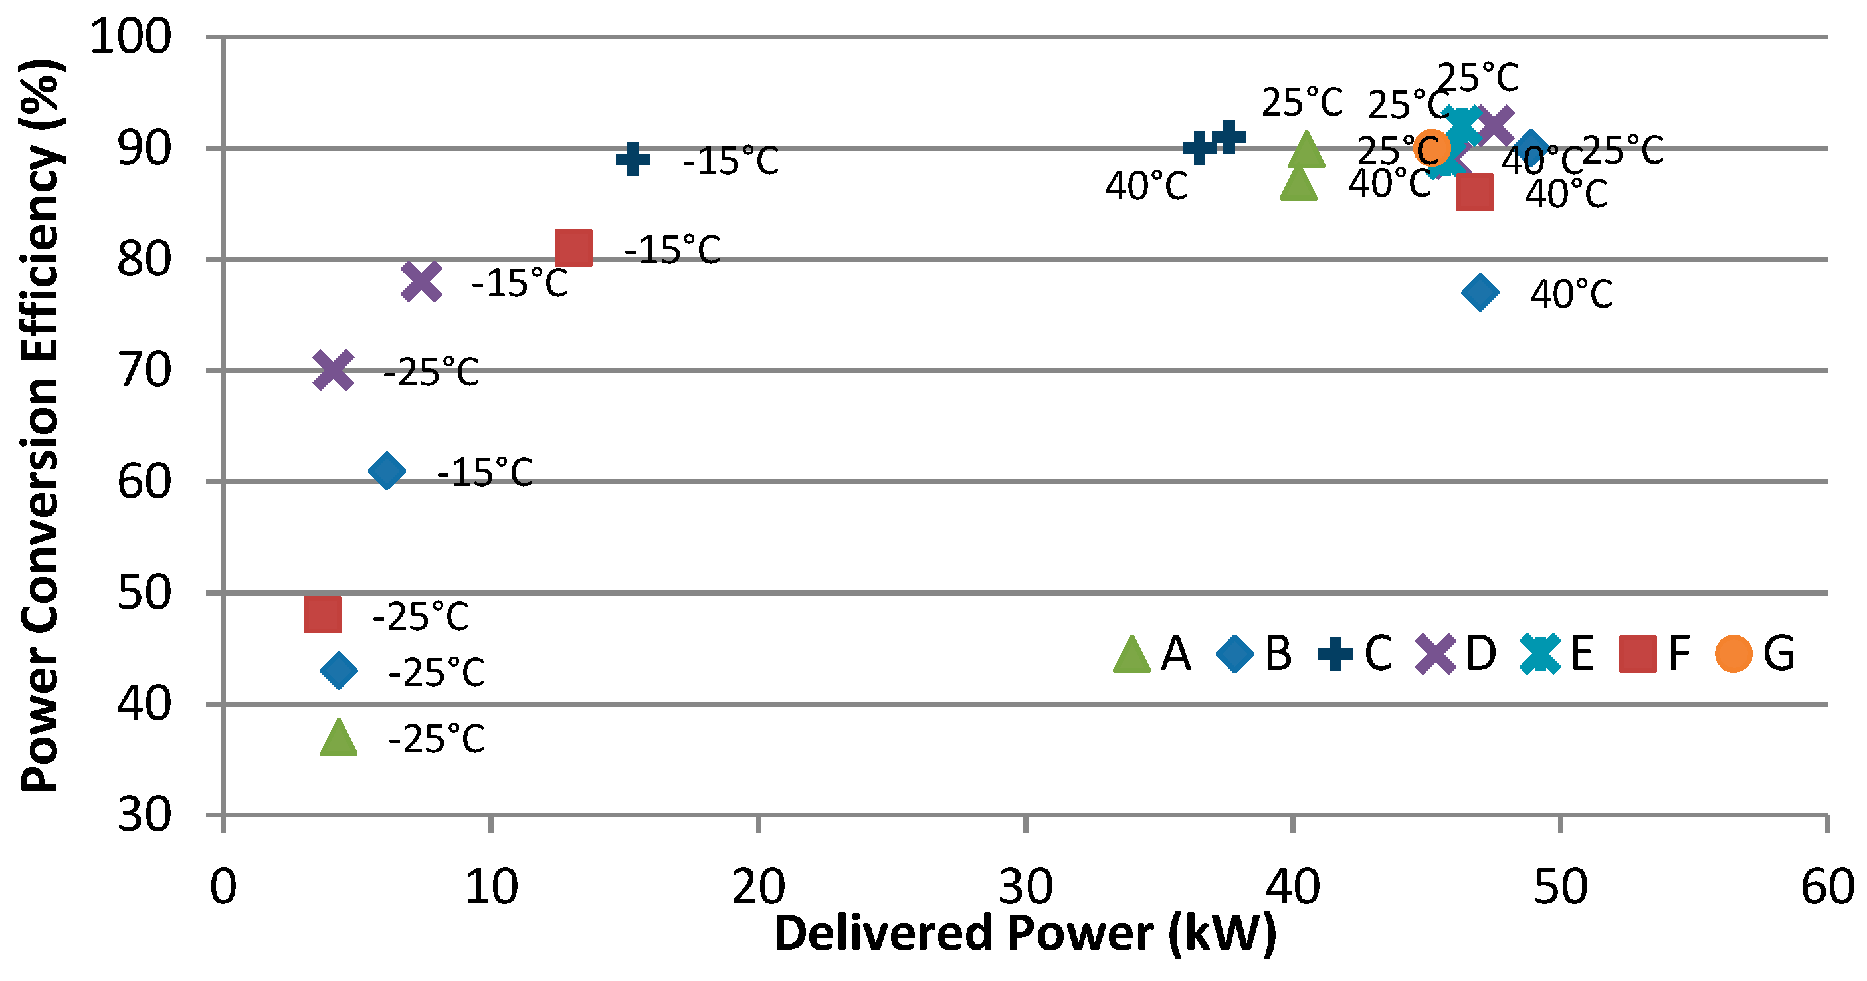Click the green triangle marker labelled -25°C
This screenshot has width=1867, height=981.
pyautogui.click(x=338, y=739)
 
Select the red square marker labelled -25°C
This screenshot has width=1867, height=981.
pyautogui.click(x=322, y=615)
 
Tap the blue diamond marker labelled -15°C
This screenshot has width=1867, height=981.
pyautogui.click(x=386, y=471)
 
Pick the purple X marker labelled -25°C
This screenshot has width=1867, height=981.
pyautogui.click(x=334, y=370)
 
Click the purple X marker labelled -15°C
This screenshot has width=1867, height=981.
pyautogui.click(x=421, y=281)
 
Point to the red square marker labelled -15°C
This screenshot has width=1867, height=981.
pyautogui.click(x=573, y=248)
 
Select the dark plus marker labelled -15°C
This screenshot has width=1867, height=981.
pyautogui.click(x=633, y=159)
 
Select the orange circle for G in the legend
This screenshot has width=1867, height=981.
pyautogui.click(x=1733, y=654)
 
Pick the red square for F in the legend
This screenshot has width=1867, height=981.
pyautogui.click(x=1638, y=654)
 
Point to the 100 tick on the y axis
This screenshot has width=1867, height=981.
pyautogui.click(x=130, y=37)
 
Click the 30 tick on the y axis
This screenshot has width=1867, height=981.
pyautogui.click(x=145, y=815)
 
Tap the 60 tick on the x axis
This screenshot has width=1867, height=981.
pyautogui.click(x=1826, y=886)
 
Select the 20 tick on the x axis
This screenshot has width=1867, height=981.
pyautogui.click(x=758, y=886)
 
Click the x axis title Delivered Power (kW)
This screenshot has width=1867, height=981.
pyautogui.click(x=1025, y=933)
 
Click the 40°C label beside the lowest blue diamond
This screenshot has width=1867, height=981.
pyautogui.click(x=1571, y=294)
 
